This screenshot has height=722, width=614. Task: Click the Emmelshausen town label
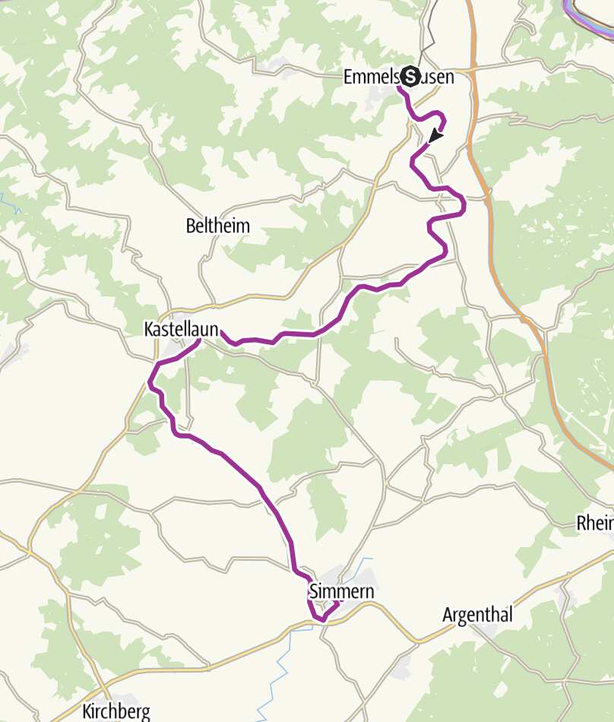[398, 77]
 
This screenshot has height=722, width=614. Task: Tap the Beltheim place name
[217, 226]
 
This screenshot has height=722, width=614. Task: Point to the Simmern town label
[342, 590]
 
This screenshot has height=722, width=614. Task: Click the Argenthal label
[477, 615]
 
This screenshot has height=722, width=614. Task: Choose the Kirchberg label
[116, 712]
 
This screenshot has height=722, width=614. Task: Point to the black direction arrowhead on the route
[435, 135]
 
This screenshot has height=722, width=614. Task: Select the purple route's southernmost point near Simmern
[322, 619]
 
